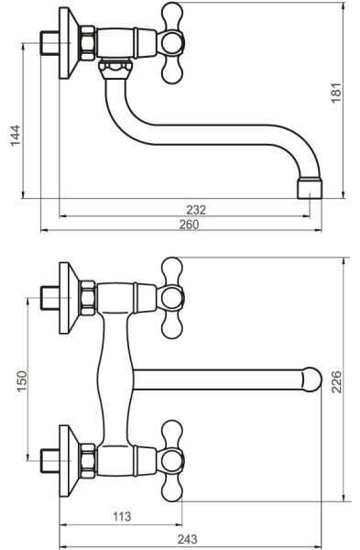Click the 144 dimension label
tap(16, 136)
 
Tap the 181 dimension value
tap(336, 93)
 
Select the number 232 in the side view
tap(196, 210)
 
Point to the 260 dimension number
tap(189, 225)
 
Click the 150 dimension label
tap(21, 381)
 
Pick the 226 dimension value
tap(336, 381)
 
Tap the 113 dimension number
tap(122, 516)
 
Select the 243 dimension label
tap(187, 539)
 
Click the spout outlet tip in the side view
tap(310, 189)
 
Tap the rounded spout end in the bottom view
tap(311, 379)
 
